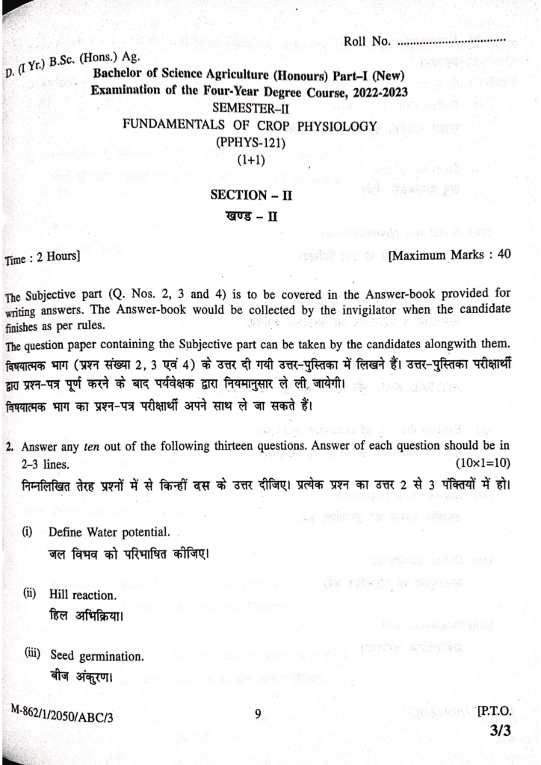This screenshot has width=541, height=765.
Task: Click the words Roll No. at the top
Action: pyautogui.click(x=368, y=41)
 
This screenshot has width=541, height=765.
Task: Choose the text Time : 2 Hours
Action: pyautogui.click(x=42, y=258)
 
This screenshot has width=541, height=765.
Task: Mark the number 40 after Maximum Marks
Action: pyautogui.click(x=503, y=254)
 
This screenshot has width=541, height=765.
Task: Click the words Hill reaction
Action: pyautogui.click(x=82, y=595)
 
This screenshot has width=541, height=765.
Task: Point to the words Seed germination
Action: pyautogui.click(x=97, y=656)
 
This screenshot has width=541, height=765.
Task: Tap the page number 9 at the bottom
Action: pyautogui.click(x=258, y=713)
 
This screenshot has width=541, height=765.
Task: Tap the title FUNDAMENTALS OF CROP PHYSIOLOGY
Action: pyautogui.click(x=250, y=126)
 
